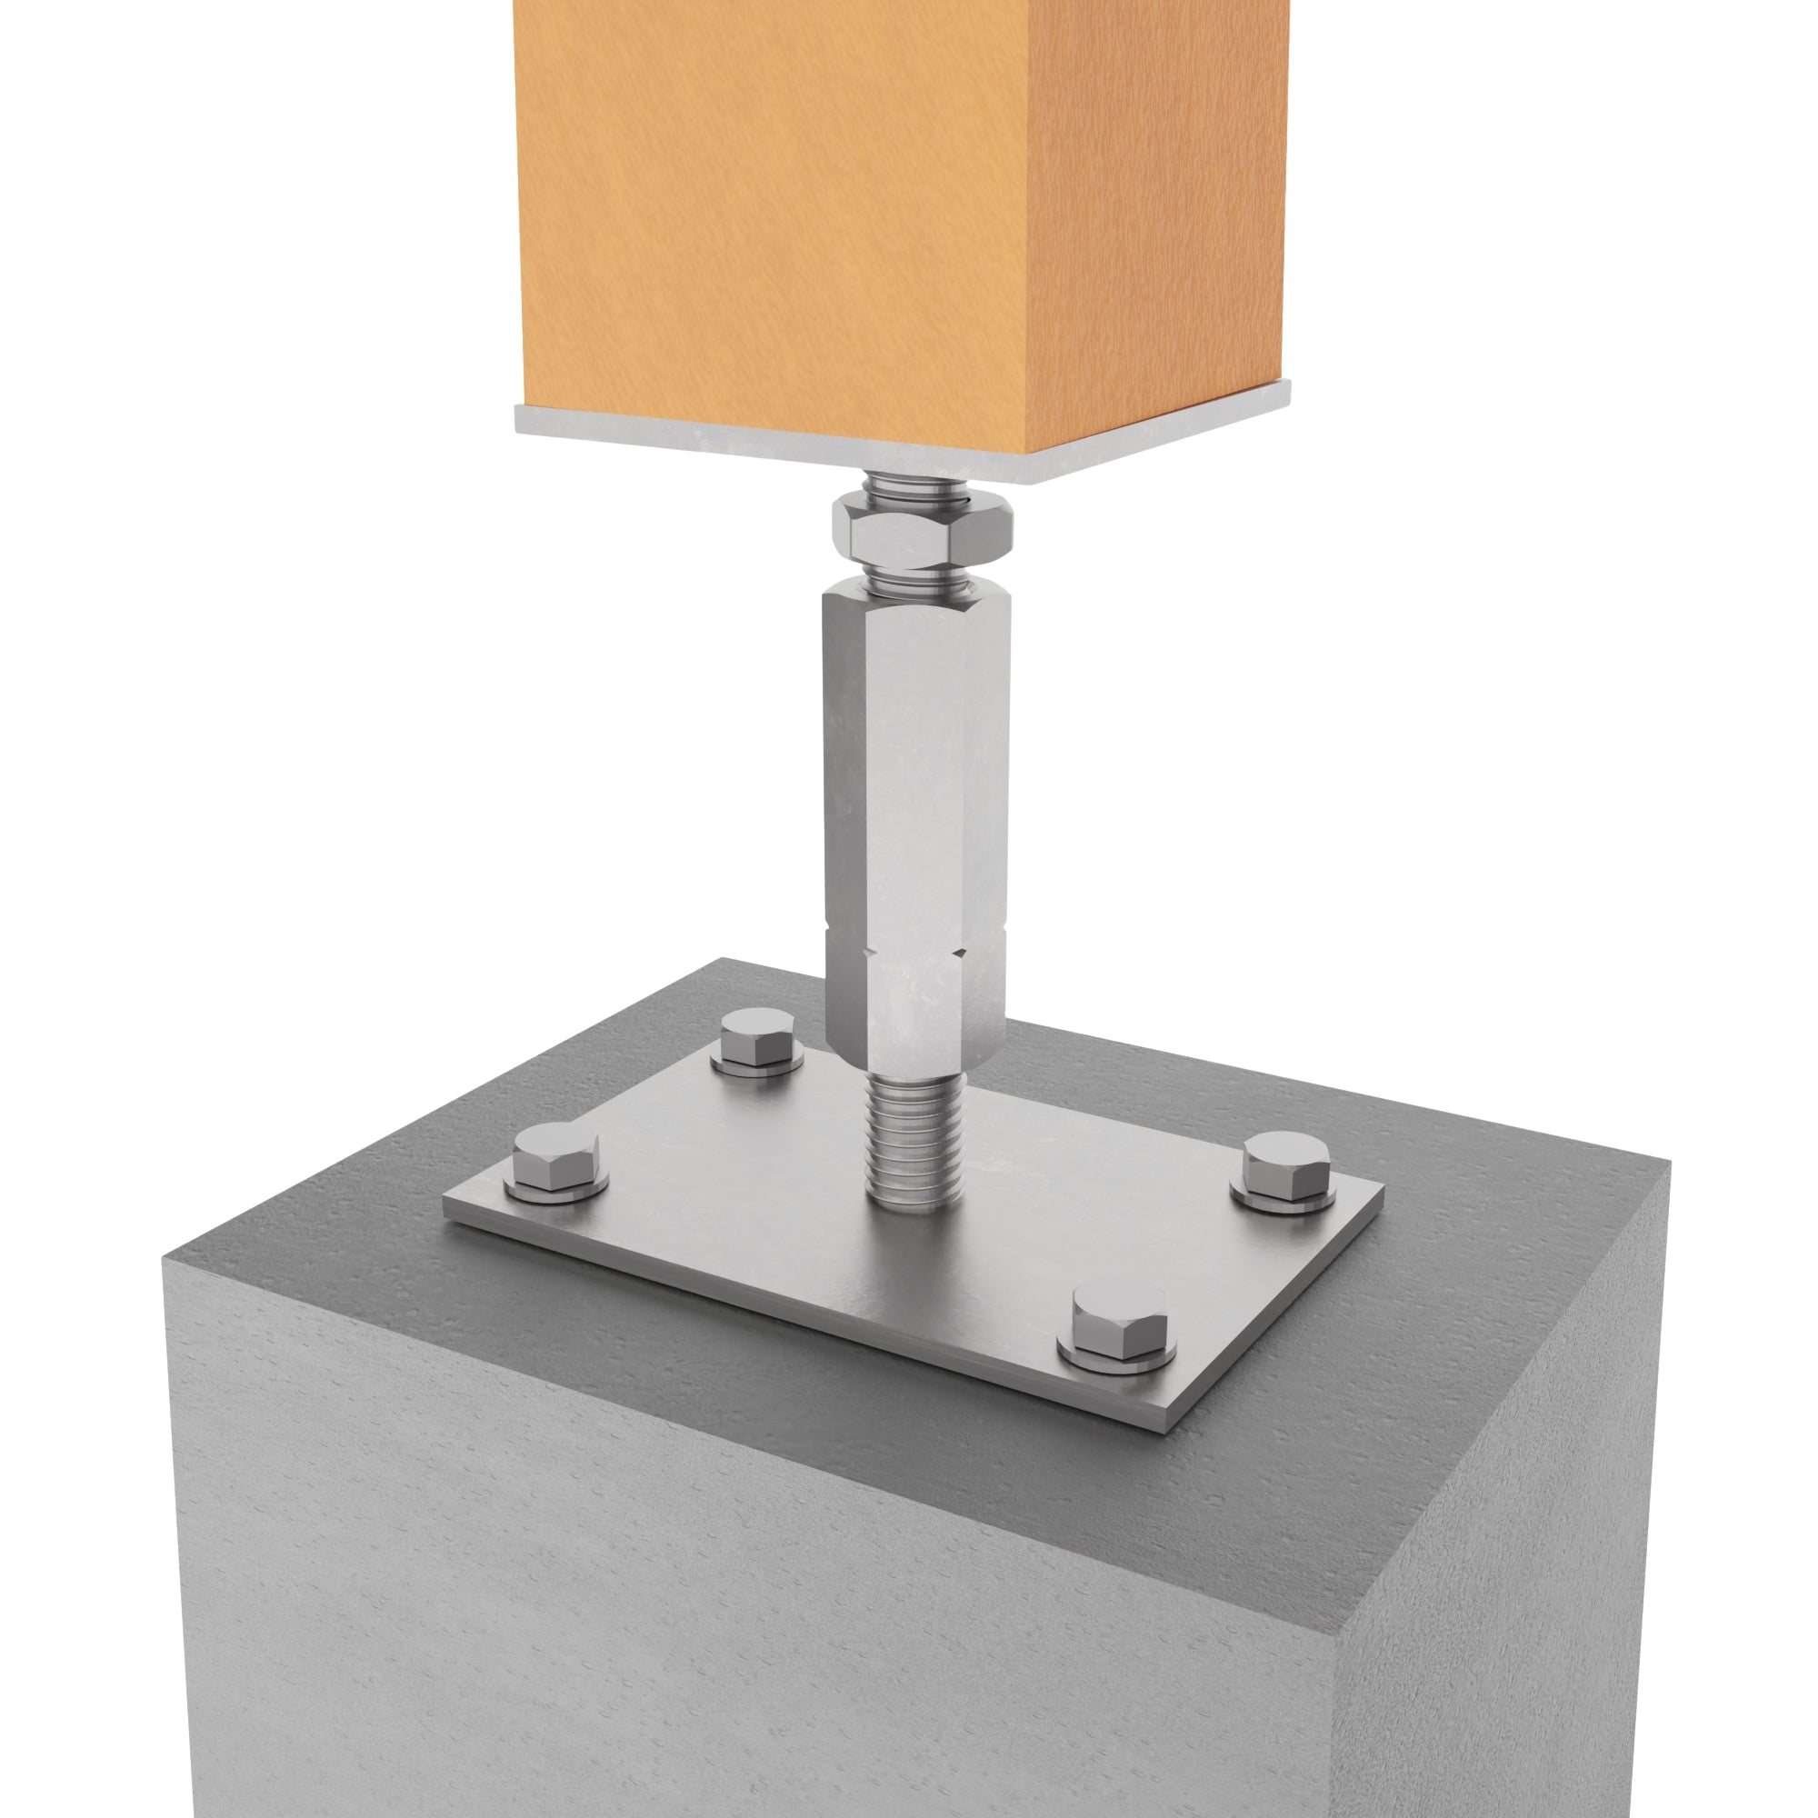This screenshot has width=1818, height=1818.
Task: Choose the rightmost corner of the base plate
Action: point(1383,1187)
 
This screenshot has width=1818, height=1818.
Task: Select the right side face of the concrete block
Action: point(1505,1505)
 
